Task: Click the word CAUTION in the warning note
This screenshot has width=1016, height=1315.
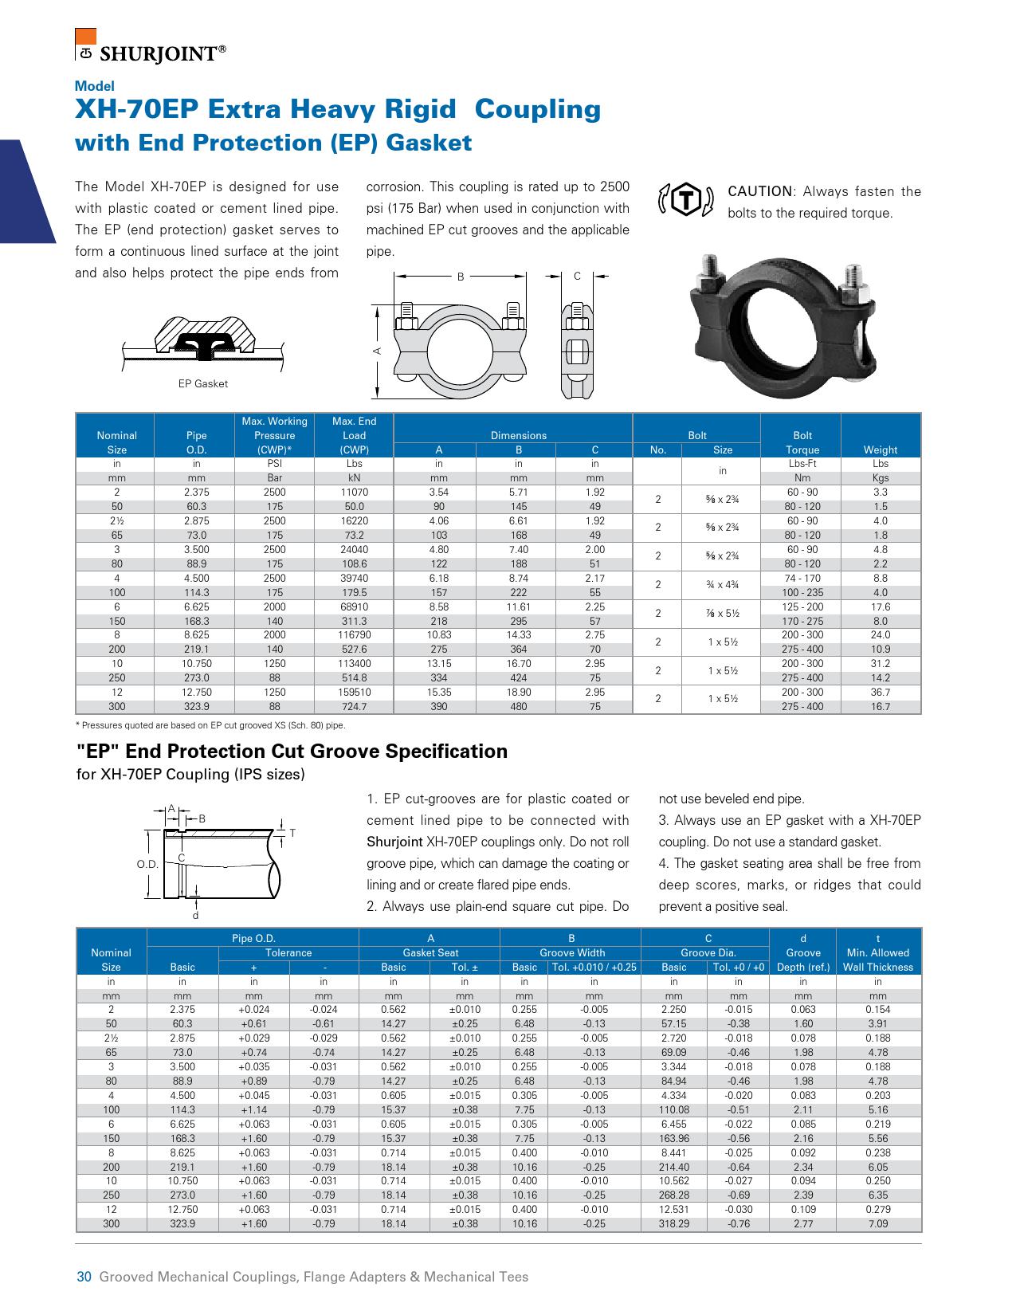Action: point(760,192)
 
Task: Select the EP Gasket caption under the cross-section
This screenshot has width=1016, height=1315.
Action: point(202,384)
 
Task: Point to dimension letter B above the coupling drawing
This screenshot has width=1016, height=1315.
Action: point(460,277)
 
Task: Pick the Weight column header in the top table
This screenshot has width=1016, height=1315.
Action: point(880,449)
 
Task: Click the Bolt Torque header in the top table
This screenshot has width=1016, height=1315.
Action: point(802,442)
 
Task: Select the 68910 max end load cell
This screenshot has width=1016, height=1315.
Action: point(354,607)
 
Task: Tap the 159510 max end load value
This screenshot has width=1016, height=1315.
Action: point(354,693)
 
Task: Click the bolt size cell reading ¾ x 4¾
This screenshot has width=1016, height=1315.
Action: point(722,585)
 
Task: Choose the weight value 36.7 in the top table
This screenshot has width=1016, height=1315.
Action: point(880,693)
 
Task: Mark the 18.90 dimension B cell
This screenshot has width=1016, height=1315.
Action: point(518,693)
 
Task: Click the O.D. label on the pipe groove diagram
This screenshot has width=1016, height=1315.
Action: point(147,864)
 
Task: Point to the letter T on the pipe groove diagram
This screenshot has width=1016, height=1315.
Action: point(292,833)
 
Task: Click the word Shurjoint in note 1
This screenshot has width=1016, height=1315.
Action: point(394,842)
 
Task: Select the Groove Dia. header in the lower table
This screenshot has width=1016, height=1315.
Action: point(708,953)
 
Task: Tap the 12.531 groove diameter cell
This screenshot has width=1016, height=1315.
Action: point(673,1210)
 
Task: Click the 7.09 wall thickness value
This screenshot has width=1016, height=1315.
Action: point(877,1224)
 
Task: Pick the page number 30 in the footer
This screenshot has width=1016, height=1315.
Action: point(84,1277)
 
